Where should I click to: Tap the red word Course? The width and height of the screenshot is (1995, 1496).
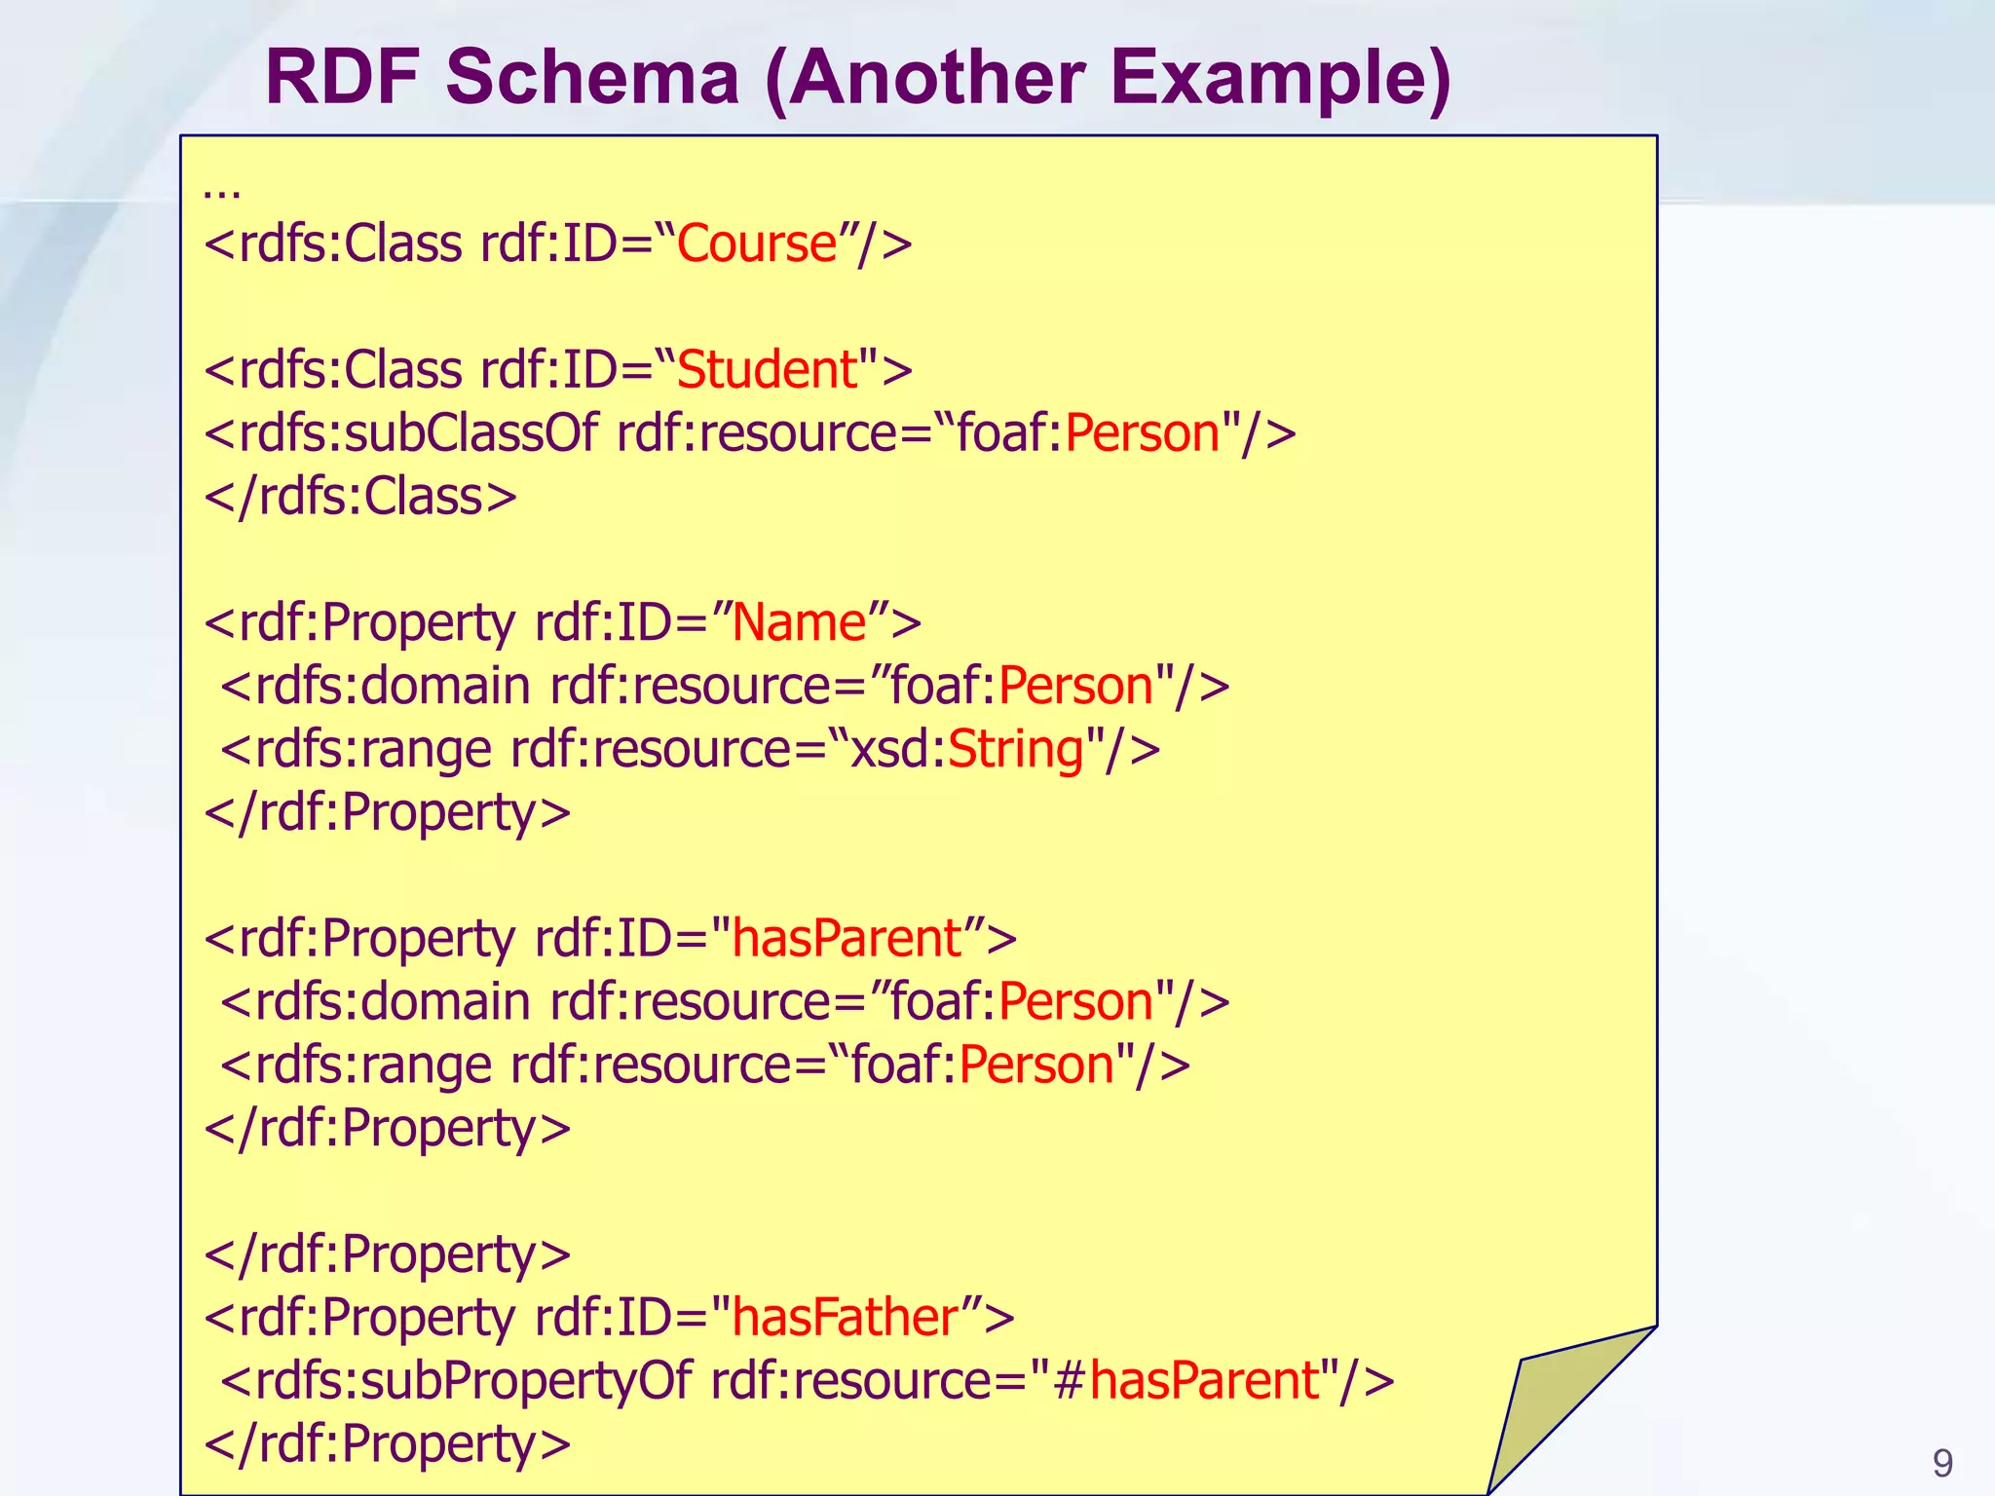tap(757, 243)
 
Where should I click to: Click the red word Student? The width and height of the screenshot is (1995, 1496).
tap(767, 370)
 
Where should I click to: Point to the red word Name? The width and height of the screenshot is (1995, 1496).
tap(799, 622)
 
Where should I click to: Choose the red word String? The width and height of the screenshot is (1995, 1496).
tap(1016, 750)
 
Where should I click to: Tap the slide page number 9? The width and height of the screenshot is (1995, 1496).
tap(1942, 1464)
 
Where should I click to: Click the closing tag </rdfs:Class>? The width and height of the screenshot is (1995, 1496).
tap(360, 497)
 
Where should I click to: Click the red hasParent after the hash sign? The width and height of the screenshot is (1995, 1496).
tap(1204, 1381)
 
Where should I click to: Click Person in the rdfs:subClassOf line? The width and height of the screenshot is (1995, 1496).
tap(1142, 433)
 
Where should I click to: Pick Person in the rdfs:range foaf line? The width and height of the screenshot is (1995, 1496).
tap(1036, 1066)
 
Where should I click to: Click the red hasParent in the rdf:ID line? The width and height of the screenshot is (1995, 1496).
tap(847, 939)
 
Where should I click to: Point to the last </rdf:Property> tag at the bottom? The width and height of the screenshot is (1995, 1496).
tap(388, 1444)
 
